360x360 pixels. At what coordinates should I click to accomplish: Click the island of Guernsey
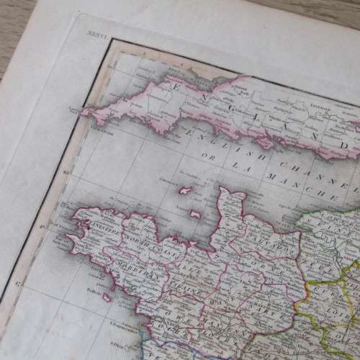point(184,191)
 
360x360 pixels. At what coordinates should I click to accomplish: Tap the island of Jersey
point(195,215)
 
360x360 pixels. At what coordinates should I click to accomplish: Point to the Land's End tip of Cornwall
point(84,111)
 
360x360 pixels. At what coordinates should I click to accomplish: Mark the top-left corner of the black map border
point(111,40)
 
